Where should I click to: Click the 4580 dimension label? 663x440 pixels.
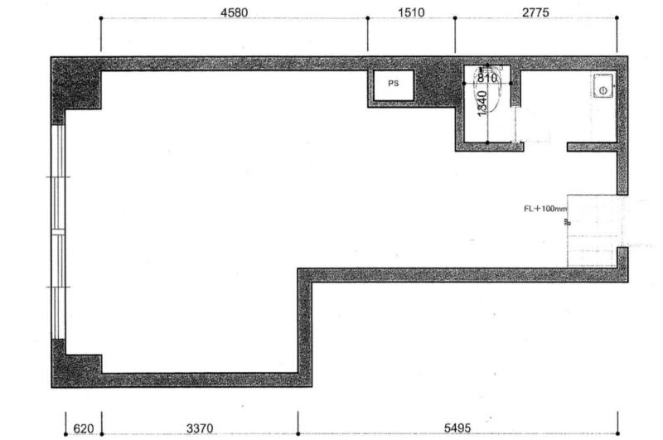234,12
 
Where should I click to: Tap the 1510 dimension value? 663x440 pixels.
411,12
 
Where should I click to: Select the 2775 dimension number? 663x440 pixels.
535,12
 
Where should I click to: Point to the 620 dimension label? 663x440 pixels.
84,428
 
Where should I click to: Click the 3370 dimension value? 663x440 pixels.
200,428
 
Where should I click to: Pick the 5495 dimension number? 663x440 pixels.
457,428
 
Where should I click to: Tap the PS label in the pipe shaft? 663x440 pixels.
393,83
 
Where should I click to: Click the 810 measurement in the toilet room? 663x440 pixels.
486,78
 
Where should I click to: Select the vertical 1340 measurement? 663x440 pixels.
482,104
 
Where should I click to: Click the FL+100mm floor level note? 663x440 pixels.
545,208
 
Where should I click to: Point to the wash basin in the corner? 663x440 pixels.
603,86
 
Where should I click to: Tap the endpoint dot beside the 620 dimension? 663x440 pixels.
65,434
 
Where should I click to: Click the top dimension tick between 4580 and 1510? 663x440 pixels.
367,18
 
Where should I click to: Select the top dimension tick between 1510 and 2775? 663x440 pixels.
455,18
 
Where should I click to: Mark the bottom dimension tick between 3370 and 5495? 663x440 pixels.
298,433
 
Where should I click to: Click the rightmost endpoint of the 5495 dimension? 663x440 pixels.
617,433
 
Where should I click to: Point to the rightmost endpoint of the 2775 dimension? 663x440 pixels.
617,17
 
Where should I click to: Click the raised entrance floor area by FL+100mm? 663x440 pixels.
594,231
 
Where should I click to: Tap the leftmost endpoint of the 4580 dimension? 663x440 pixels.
100,18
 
